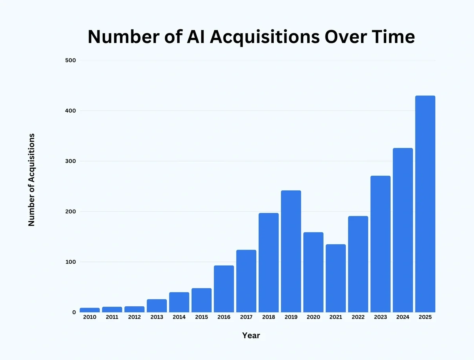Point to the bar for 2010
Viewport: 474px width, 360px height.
(90, 310)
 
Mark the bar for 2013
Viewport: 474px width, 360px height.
(157, 306)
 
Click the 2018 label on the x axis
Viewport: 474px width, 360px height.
(269, 317)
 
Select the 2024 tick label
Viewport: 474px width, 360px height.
(403, 317)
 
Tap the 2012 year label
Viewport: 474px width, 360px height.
(134, 317)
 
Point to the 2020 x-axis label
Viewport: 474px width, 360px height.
(313, 317)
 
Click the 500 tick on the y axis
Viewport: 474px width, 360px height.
(70, 60)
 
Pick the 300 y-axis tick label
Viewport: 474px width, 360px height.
(70, 161)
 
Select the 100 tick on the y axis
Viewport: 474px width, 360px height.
(70, 262)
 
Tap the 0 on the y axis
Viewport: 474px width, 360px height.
(73, 312)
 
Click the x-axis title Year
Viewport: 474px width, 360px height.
(251, 336)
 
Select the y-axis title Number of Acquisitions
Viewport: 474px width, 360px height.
(32, 180)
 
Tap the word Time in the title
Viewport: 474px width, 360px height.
(392, 37)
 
